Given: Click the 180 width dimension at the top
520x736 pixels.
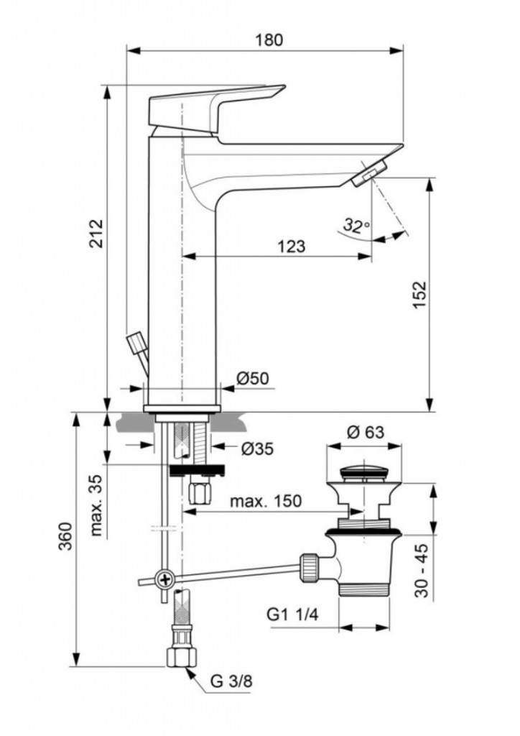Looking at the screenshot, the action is (x=269, y=40).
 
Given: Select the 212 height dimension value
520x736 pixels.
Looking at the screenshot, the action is (x=96, y=234).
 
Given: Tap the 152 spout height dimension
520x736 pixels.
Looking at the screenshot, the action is (x=419, y=294).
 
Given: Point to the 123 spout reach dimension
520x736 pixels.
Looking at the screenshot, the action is (x=291, y=246).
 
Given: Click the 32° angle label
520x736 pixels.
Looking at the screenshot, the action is (x=356, y=225).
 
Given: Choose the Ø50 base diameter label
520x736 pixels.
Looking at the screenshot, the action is (x=253, y=378).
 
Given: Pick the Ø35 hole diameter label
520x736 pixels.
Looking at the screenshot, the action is (x=257, y=448).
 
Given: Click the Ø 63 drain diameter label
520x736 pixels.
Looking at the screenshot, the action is (x=365, y=431).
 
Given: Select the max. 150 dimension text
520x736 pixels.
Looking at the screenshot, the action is (x=266, y=501).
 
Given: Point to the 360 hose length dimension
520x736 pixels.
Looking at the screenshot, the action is (x=65, y=536).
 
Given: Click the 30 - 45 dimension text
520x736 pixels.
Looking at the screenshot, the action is (x=422, y=570).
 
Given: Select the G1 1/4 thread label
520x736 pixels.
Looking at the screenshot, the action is (x=292, y=615).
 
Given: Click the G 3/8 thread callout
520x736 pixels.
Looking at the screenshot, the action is (x=231, y=681).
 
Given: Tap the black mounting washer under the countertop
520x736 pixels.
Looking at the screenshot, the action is (x=197, y=470).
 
